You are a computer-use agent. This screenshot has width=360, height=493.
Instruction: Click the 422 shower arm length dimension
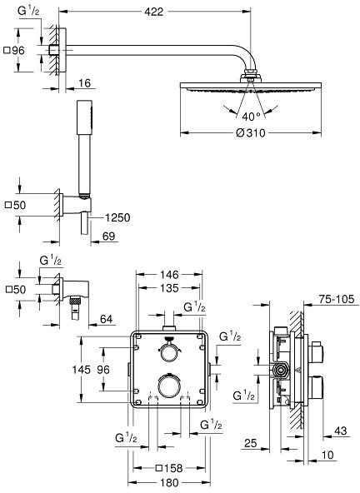click(x=154, y=12)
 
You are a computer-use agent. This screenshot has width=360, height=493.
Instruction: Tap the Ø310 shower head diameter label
click(x=251, y=133)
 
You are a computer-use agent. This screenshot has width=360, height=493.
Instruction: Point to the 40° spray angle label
click(x=251, y=117)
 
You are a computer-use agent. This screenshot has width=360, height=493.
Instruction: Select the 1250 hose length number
click(x=117, y=217)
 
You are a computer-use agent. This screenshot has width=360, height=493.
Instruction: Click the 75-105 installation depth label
click(x=337, y=299)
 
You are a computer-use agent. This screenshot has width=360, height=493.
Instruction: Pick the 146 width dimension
click(x=169, y=275)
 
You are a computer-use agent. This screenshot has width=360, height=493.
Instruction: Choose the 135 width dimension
click(x=169, y=288)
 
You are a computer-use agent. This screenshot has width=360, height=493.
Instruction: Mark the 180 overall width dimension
click(x=169, y=483)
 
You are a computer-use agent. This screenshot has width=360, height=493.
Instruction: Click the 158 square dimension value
click(x=173, y=469)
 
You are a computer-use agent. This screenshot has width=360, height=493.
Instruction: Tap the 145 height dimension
click(x=81, y=370)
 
